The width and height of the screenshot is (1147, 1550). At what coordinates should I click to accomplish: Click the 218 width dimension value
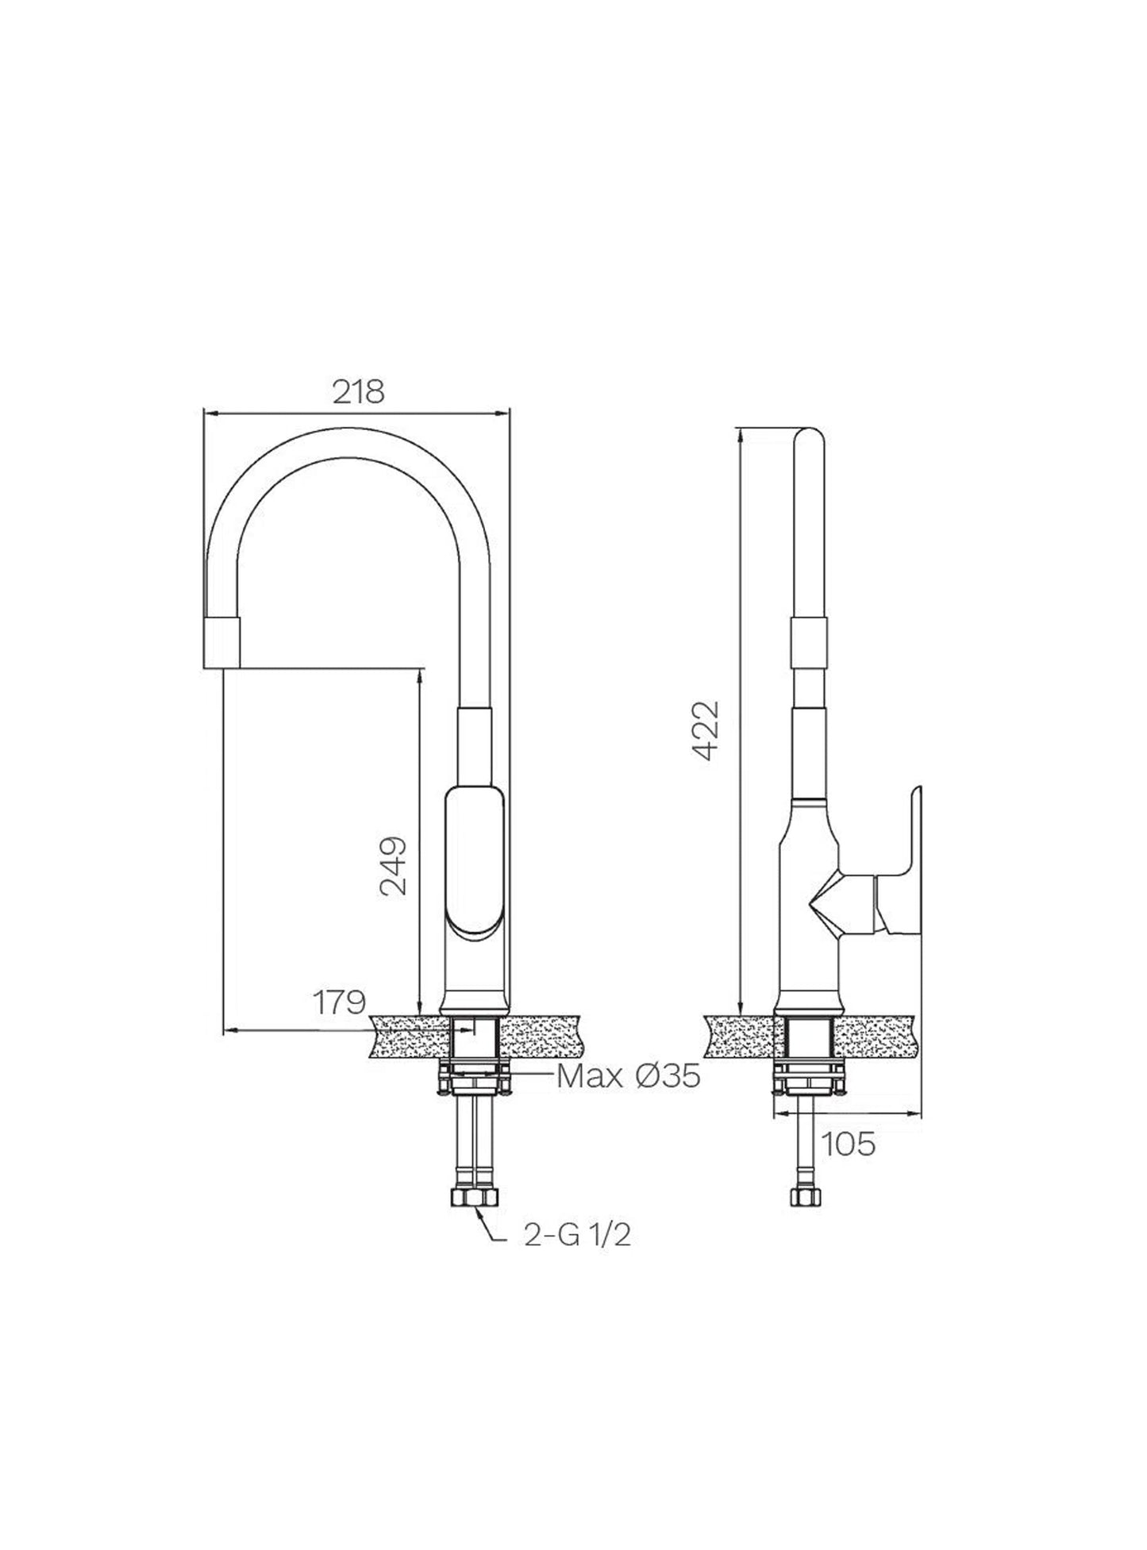point(357,392)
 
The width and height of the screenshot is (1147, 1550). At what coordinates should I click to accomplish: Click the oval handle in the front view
point(474,861)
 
